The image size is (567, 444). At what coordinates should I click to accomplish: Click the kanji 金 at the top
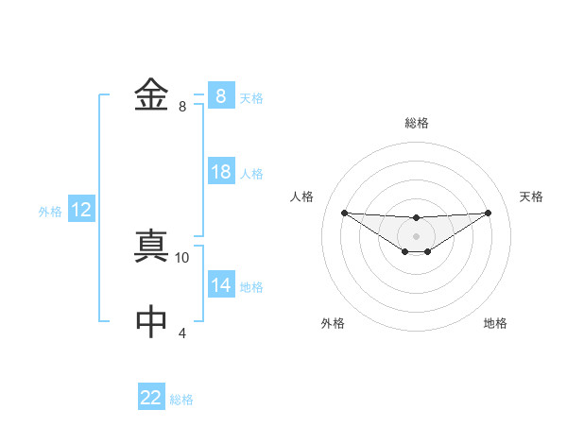coord(151,96)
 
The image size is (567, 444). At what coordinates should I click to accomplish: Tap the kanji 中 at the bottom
coord(151,322)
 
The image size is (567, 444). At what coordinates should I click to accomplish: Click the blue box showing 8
coord(220,96)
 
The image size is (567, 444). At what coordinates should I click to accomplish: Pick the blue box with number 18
coord(221,172)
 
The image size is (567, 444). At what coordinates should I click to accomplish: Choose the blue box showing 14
coord(221,285)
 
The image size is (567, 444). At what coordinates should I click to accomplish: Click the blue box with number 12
coord(81,210)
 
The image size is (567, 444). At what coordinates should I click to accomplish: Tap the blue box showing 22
coord(151,398)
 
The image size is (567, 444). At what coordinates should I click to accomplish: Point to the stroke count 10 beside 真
coord(182,257)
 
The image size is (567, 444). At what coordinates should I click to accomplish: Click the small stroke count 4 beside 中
coord(182,333)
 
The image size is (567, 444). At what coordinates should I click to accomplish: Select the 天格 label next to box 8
coord(251,97)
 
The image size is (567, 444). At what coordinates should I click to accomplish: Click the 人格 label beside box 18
coord(251,173)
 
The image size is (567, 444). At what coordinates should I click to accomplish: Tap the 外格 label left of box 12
coord(50,211)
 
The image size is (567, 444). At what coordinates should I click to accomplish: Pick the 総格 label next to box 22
coord(181,399)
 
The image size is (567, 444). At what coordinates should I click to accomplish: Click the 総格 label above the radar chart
coord(416,123)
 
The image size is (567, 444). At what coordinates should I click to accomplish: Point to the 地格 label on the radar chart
coord(495,323)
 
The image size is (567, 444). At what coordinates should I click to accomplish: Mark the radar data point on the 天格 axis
coord(489,213)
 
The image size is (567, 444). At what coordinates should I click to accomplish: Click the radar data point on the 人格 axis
coord(344,213)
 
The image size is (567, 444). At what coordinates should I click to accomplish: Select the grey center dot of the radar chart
coord(416,235)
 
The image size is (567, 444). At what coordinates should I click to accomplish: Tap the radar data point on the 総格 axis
coord(416,217)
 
